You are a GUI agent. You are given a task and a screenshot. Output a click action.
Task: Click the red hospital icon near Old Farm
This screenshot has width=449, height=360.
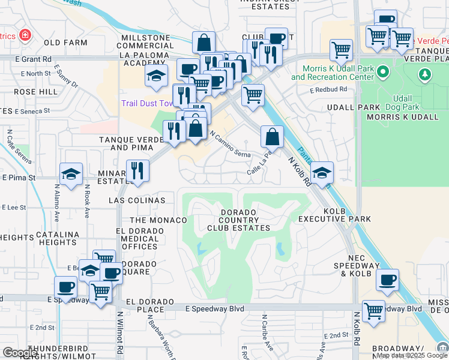(25, 35)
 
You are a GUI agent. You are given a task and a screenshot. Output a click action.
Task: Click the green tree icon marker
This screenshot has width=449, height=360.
(425, 74)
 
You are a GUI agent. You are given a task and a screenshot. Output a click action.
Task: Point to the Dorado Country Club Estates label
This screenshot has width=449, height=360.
(238, 220)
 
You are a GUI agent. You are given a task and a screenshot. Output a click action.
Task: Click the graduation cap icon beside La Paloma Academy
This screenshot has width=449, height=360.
(155, 76)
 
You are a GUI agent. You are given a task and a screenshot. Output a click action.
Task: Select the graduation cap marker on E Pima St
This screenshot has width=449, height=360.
(71, 174)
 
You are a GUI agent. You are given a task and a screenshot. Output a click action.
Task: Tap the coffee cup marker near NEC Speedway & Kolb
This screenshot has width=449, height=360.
(387, 279)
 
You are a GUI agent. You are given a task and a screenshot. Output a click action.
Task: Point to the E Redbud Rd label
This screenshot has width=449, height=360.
(328, 89)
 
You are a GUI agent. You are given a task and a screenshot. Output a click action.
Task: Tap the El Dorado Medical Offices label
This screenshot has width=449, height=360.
(137, 239)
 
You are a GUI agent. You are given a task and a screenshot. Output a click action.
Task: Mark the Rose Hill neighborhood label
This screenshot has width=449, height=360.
(36, 92)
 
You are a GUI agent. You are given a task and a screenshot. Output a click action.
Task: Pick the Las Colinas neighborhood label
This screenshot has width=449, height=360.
(137, 200)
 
